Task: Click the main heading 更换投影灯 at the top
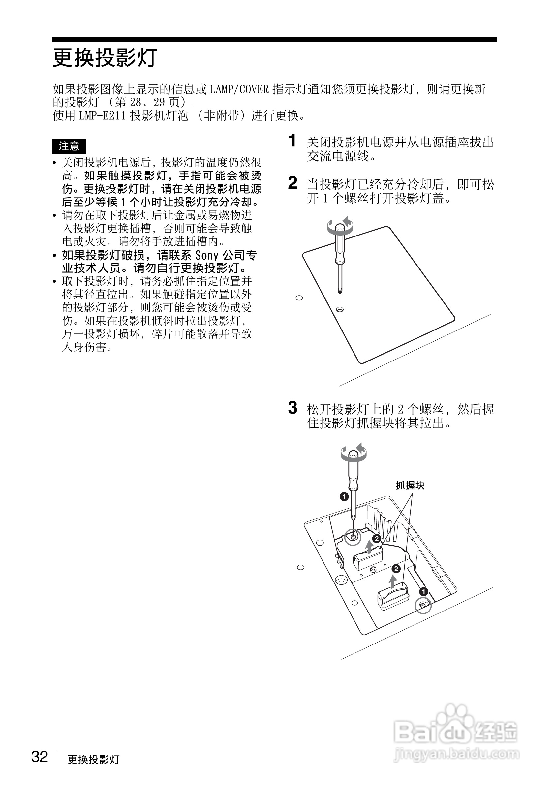(105, 57)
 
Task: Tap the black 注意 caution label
(69, 146)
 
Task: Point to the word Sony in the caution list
(206, 255)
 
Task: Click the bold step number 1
(292, 141)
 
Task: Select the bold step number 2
(292, 183)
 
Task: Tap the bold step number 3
(292, 408)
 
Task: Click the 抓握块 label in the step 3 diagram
(410, 486)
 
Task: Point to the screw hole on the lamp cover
(340, 310)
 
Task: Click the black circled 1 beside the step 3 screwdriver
(344, 496)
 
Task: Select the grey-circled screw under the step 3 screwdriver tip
(353, 537)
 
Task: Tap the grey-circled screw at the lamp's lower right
(423, 606)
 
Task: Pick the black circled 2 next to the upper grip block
(376, 539)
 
